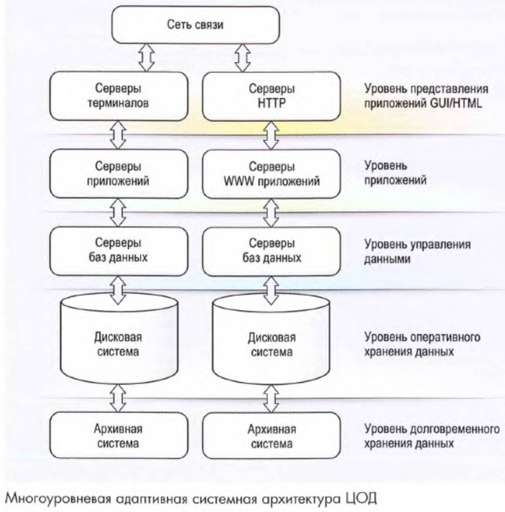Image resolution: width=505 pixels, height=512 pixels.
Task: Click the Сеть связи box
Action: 195,26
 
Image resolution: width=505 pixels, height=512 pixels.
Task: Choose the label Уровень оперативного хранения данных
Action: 422,344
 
